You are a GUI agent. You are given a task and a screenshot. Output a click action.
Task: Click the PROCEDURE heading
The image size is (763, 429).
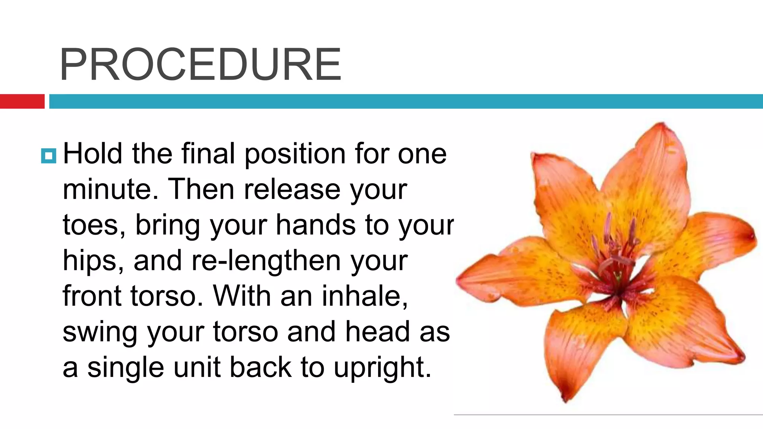200,64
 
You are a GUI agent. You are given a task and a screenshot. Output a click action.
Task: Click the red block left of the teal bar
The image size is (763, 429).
22,101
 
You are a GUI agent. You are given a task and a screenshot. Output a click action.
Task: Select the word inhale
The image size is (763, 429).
364,296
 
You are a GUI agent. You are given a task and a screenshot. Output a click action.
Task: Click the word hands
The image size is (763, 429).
316,225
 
